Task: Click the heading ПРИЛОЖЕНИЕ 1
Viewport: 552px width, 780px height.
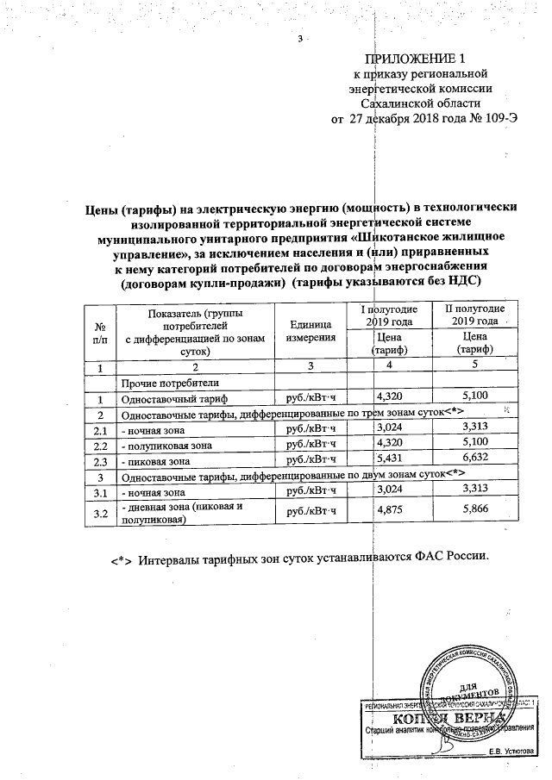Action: (x=416, y=59)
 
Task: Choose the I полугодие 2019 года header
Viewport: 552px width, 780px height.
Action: (x=388, y=315)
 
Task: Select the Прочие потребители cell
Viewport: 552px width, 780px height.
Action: (x=159, y=383)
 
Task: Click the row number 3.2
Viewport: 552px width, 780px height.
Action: (x=101, y=515)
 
